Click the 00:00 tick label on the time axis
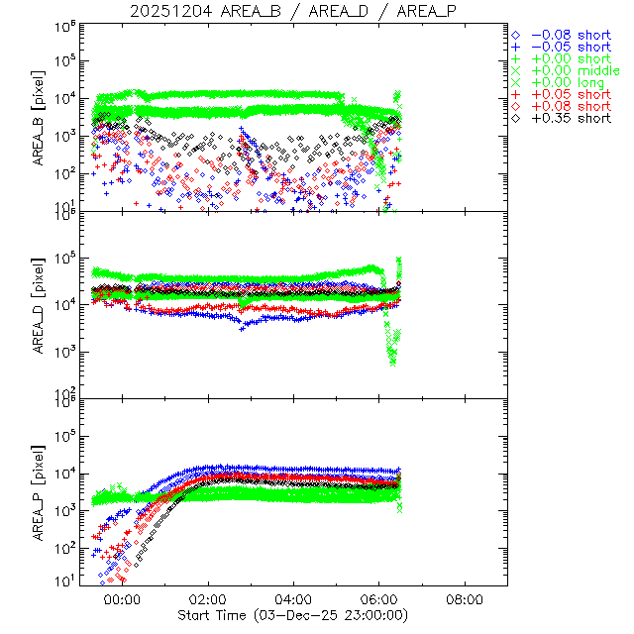click(x=122, y=600)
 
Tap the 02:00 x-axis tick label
click(x=208, y=600)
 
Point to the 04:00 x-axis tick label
click(x=294, y=600)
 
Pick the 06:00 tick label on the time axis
click(x=379, y=600)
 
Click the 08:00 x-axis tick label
click(x=466, y=600)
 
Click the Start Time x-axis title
click(x=294, y=615)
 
